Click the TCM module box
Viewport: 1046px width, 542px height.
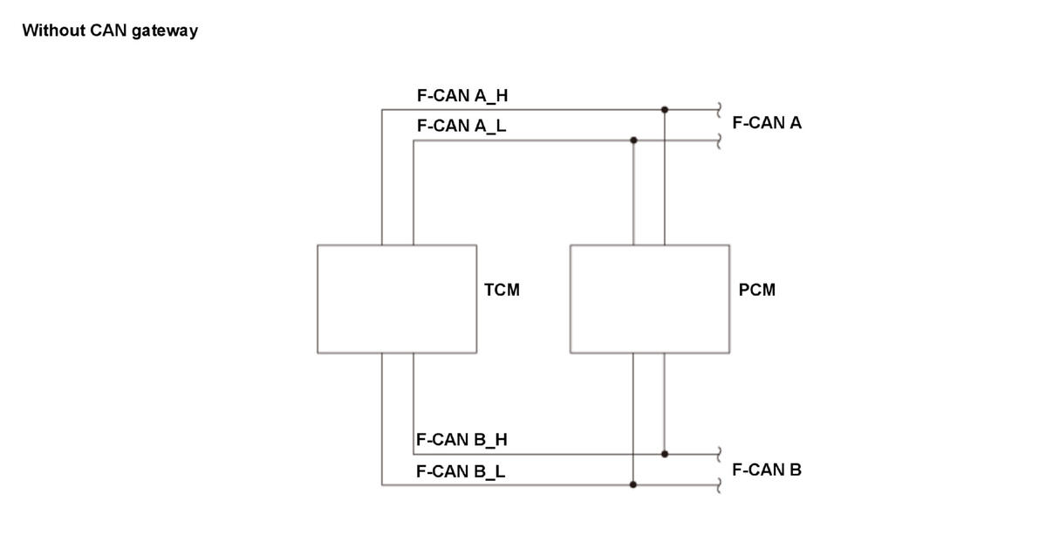click(397, 299)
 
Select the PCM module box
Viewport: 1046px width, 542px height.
click(650, 299)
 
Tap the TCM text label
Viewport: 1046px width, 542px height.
click(502, 290)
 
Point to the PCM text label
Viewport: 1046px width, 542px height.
click(757, 290)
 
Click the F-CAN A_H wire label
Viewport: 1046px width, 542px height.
click(462, 95)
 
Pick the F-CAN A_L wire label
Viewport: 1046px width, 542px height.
click(461, 126)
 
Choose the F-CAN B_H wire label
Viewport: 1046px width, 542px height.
click(461, 440)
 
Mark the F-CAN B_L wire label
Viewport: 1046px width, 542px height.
click(461, 471)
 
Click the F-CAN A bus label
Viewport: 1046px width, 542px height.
click(767, 123)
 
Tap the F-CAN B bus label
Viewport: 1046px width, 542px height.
click(767, 470)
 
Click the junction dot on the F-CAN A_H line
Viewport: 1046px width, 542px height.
click(665, 109)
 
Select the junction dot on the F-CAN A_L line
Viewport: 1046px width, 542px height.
click(633, 141)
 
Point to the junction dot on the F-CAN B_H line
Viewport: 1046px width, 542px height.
click(665, 454)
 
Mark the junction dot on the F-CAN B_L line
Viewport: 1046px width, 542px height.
click(633, 484)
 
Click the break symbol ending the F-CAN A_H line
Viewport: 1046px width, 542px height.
click(719, 109)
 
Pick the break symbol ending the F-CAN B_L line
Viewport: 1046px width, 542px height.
click(719, 484)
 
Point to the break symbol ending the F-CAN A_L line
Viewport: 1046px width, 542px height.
click(719, 141)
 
